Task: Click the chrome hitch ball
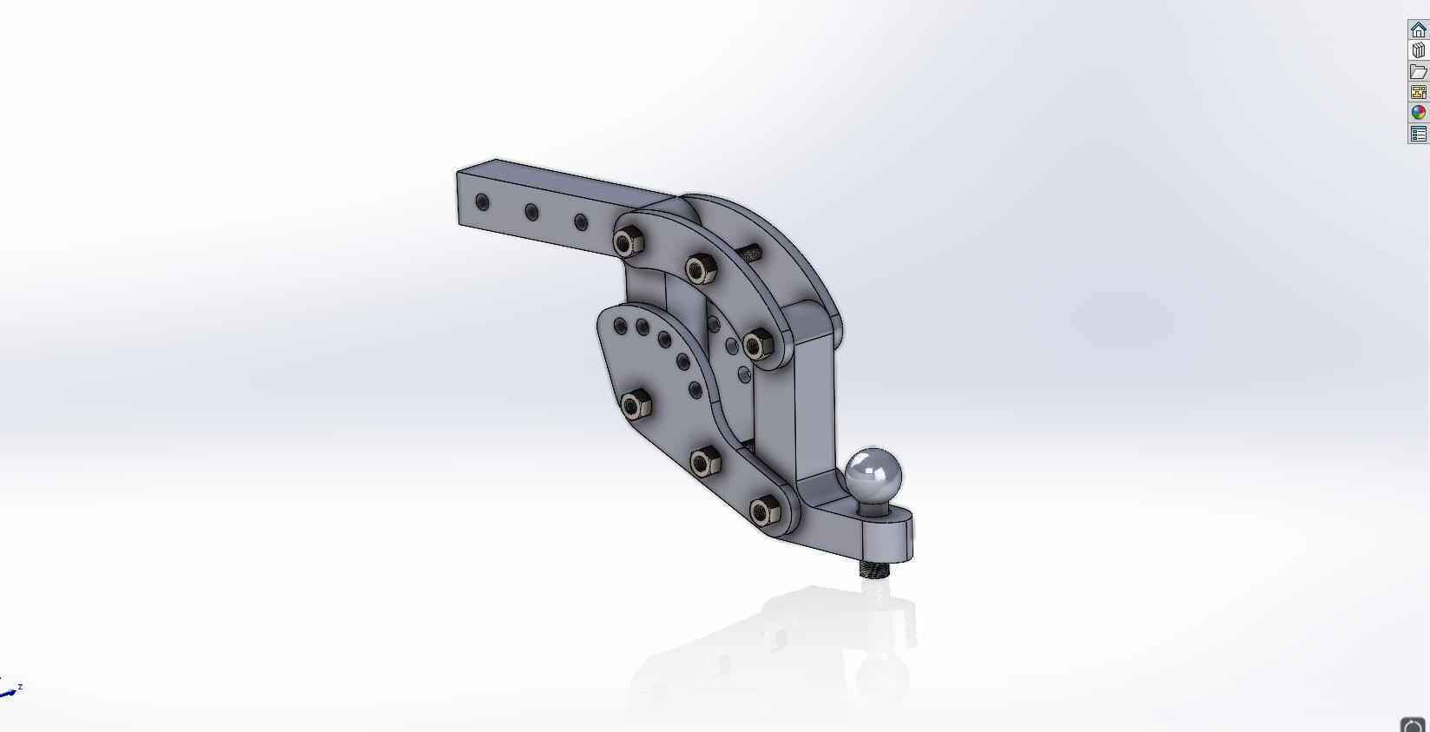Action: click(x=873, y=476)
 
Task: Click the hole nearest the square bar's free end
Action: click(x=483, y=203)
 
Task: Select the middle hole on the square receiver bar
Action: click(x=531, y=212)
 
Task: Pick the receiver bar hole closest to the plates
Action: click(x=581, y=222)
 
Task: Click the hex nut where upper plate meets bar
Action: click(x=629, y=242)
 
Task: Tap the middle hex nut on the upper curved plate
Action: click(x=701, y=269)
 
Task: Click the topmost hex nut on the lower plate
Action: click(x=635, y=403)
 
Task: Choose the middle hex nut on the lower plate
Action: click(x=706, y=462)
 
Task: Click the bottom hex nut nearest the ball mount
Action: click(x=763, y=511)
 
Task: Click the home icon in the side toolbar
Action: click(x=1418, y=30)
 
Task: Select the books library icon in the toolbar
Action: click(x=1418, y=50)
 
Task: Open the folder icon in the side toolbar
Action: click(x=1418, y=71)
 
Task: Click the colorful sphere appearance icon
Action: click(x=1418, y=113)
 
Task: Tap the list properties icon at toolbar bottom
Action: click(x=1418, y=134)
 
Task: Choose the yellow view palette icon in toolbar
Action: click(x=1418, y=92)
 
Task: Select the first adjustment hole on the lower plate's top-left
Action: click(x=620, y=326)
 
